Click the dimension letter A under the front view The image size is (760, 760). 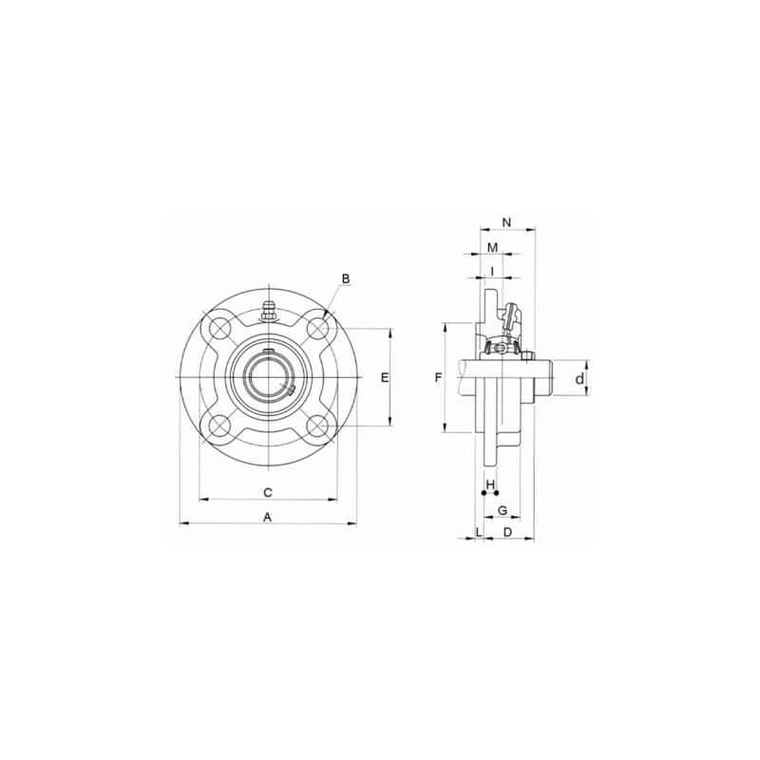tap(267, 517)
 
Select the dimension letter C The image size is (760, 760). tap(268, 492)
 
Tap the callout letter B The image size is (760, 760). tap(346, 278)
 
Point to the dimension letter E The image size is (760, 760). tap(385, 377)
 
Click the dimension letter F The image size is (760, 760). tap(439, 377)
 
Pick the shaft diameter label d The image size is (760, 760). tap(579, 379)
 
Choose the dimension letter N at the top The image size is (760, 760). tap(507, 222)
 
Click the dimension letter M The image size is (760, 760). tap(492, 248)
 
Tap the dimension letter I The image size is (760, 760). tap(492, 272)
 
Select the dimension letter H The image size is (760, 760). tap(490, 484)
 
